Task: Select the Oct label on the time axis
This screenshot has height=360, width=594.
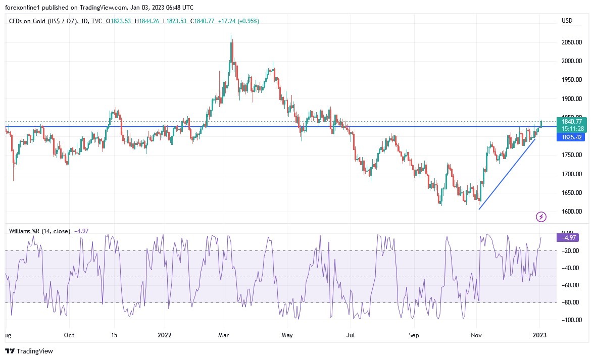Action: click(x=69, y=335)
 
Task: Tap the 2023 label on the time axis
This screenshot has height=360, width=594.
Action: click(x=539, y=335)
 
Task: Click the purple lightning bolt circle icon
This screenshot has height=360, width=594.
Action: click(x=541, y=217)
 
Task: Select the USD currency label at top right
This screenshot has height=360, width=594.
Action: click(x=567, y=21)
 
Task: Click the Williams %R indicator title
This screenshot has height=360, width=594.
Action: click(x=40, y=231)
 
